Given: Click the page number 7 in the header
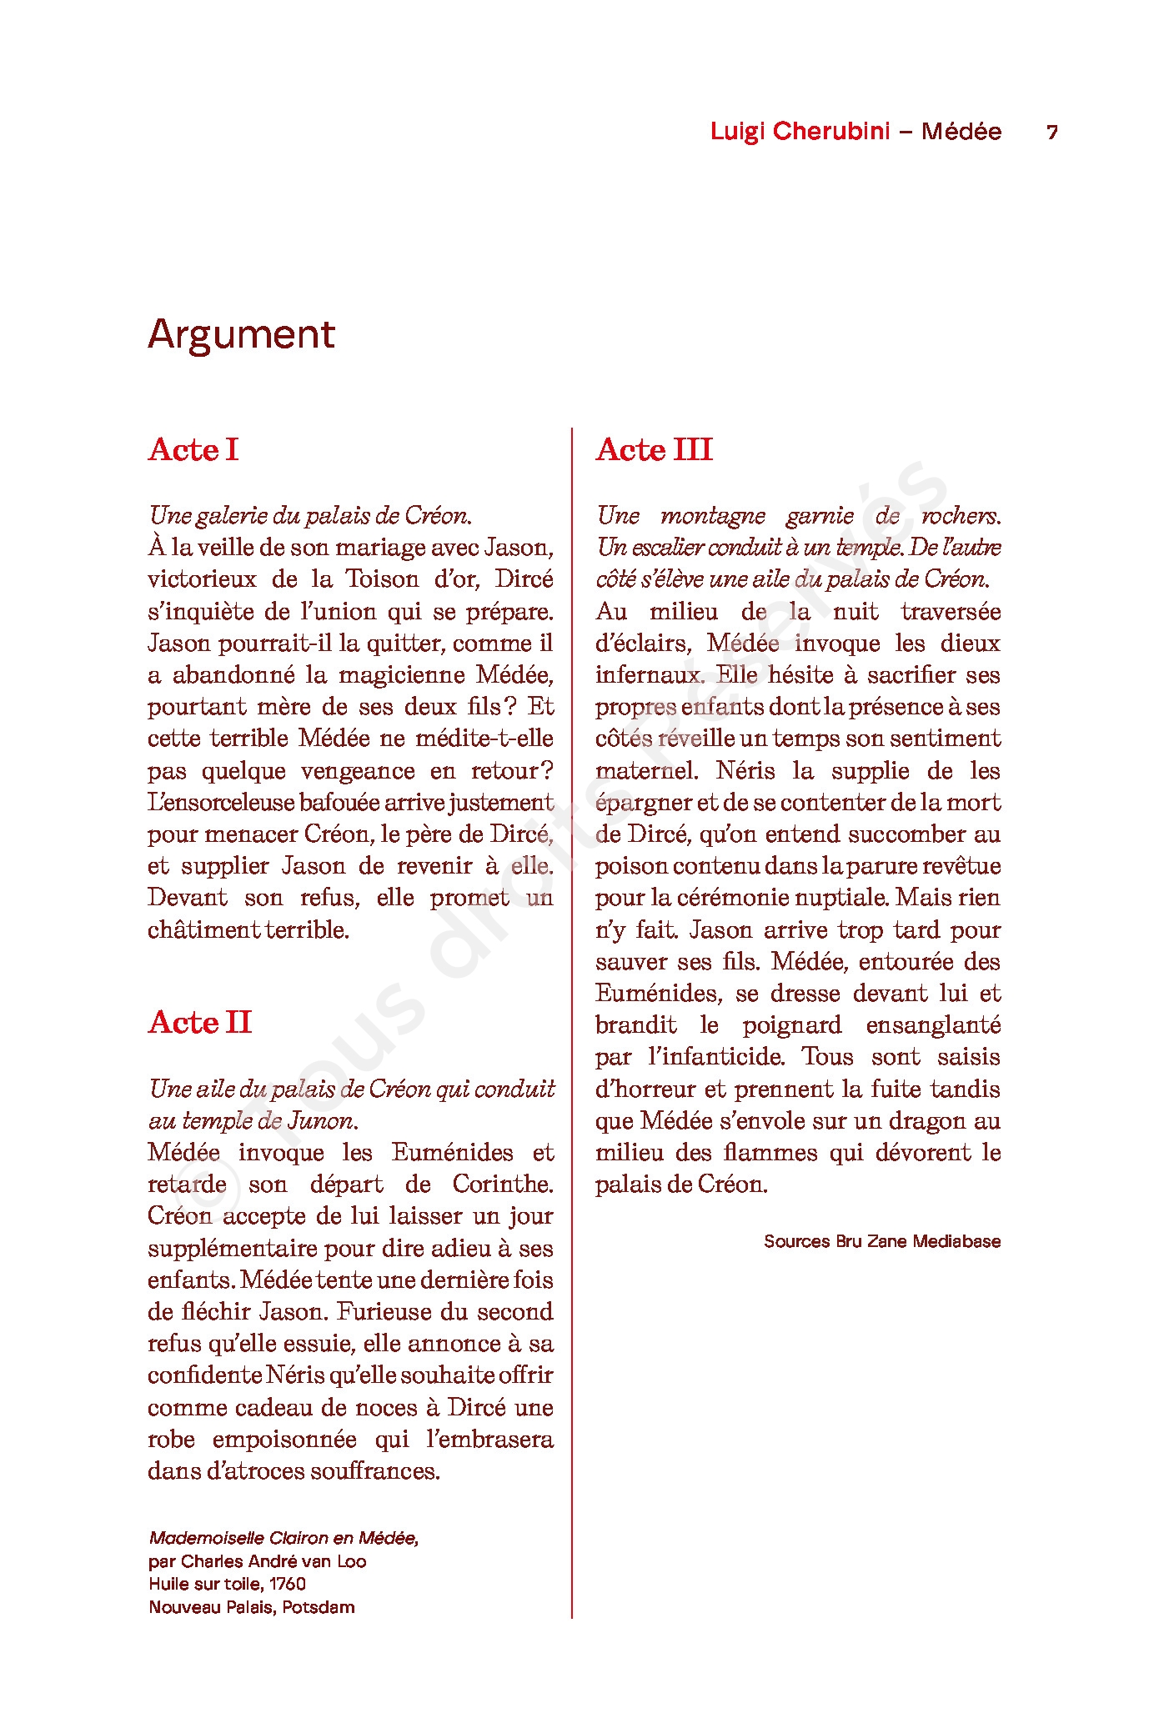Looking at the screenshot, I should click(1052, 133).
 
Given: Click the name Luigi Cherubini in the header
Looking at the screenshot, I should click(800, 132).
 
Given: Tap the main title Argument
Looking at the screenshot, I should click(241, 335).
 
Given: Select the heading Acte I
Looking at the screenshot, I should click(193, 450).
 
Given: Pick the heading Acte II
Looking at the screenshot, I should click(199, 1023).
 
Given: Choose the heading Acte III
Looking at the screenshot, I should click(654, 450).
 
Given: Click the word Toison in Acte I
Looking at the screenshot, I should click(381, 579).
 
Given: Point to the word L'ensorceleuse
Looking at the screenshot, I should click(221, 803).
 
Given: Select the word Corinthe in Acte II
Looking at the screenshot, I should click(503, 1185).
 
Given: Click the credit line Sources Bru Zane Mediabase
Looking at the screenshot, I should click(881, 1241).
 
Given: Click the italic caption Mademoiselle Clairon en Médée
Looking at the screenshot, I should click(283, 1539).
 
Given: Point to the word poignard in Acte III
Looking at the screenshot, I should click(792, 1025).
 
